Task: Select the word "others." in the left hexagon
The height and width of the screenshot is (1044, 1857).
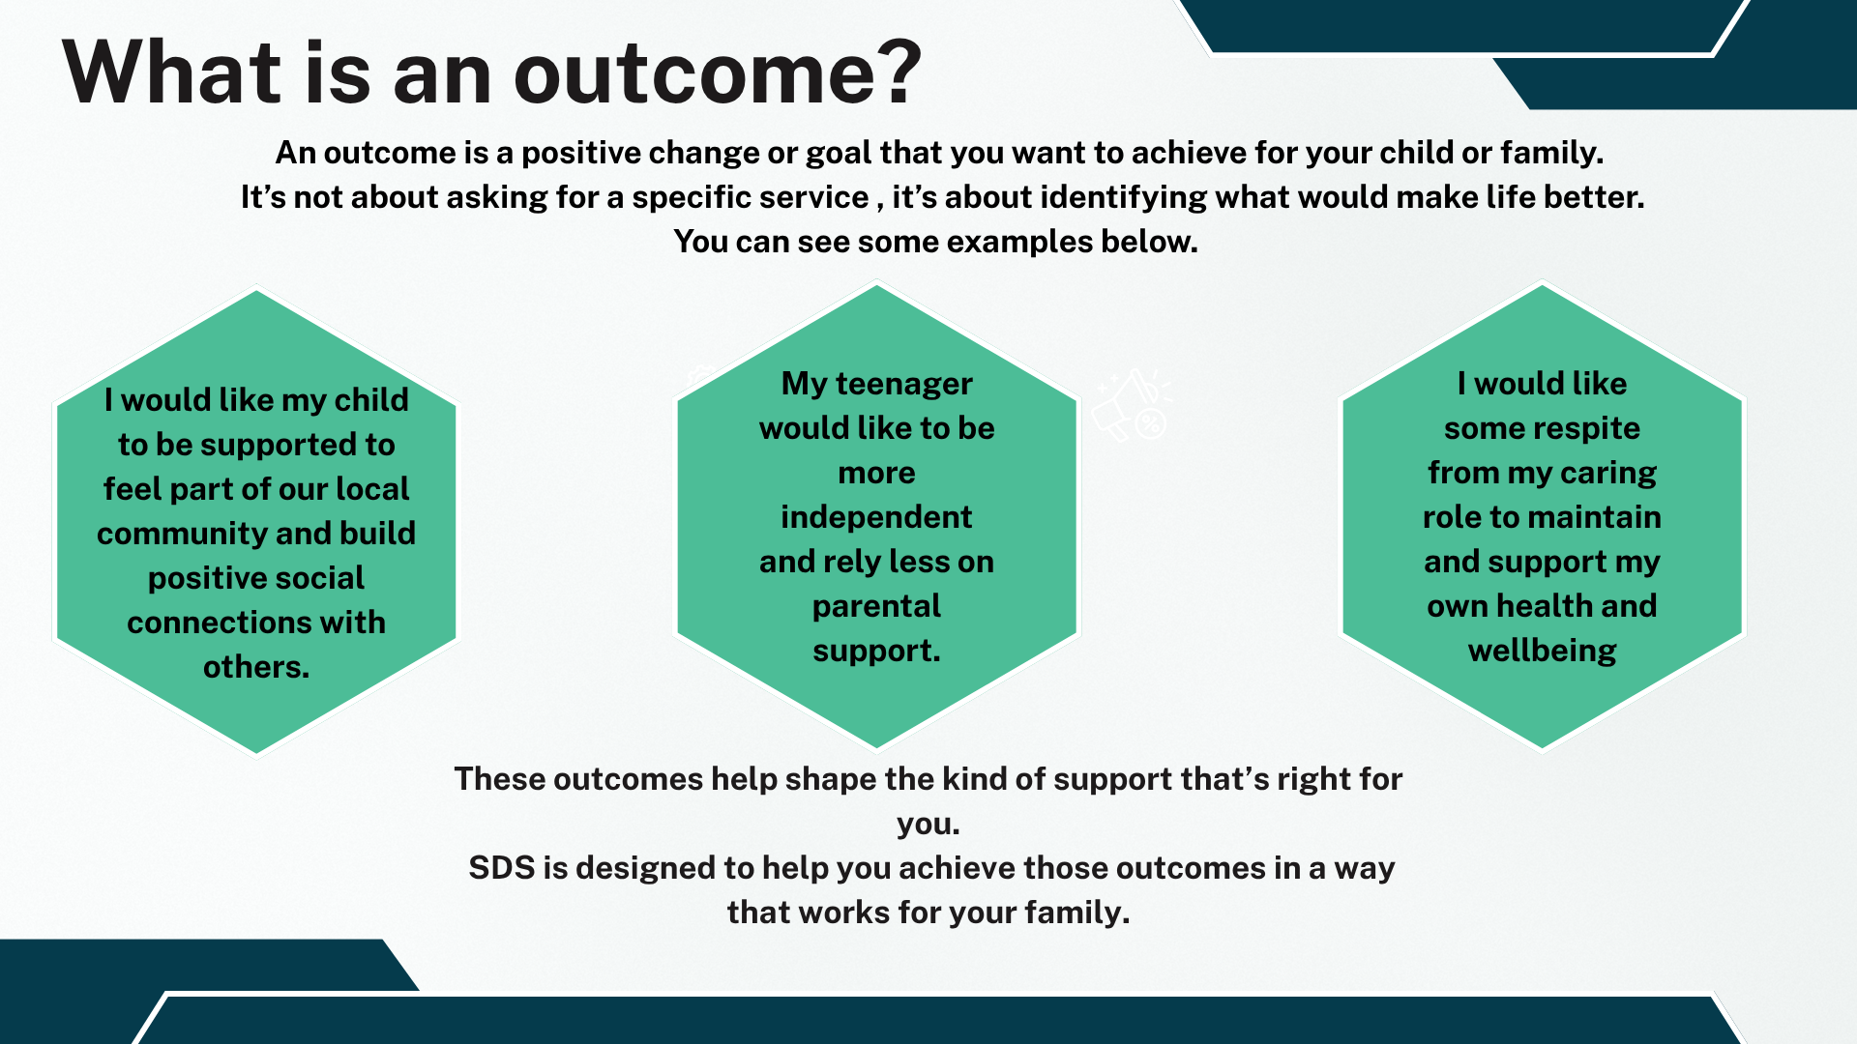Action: (256, 667)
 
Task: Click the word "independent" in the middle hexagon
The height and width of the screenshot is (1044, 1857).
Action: (876, 517)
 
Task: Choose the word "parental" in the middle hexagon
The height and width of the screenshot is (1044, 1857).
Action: (876, 606)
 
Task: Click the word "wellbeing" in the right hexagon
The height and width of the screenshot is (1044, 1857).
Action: (1542, 651)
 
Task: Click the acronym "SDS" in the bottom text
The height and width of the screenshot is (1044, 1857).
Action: (501, 868)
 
